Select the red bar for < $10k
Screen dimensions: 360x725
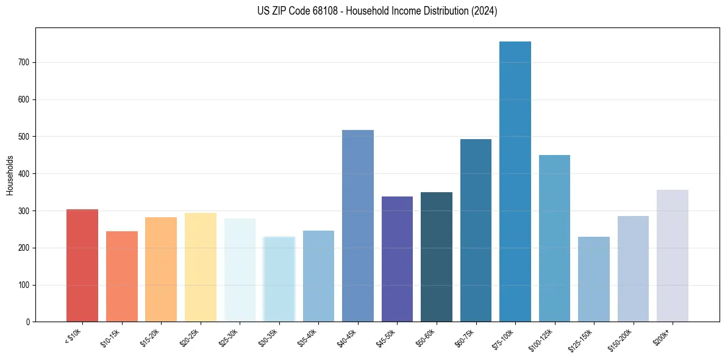tap(82, 265)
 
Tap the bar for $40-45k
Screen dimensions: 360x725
tap(358, 226)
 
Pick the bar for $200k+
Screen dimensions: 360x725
tap(672, 256)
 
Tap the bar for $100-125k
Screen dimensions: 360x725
tap(554, 238)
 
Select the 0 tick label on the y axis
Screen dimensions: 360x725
tap(28, 322)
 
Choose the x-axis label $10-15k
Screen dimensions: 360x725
tap(112, 337)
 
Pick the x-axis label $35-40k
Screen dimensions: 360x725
tap(309, 337)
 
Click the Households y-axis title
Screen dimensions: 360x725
tap(10, 175)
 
